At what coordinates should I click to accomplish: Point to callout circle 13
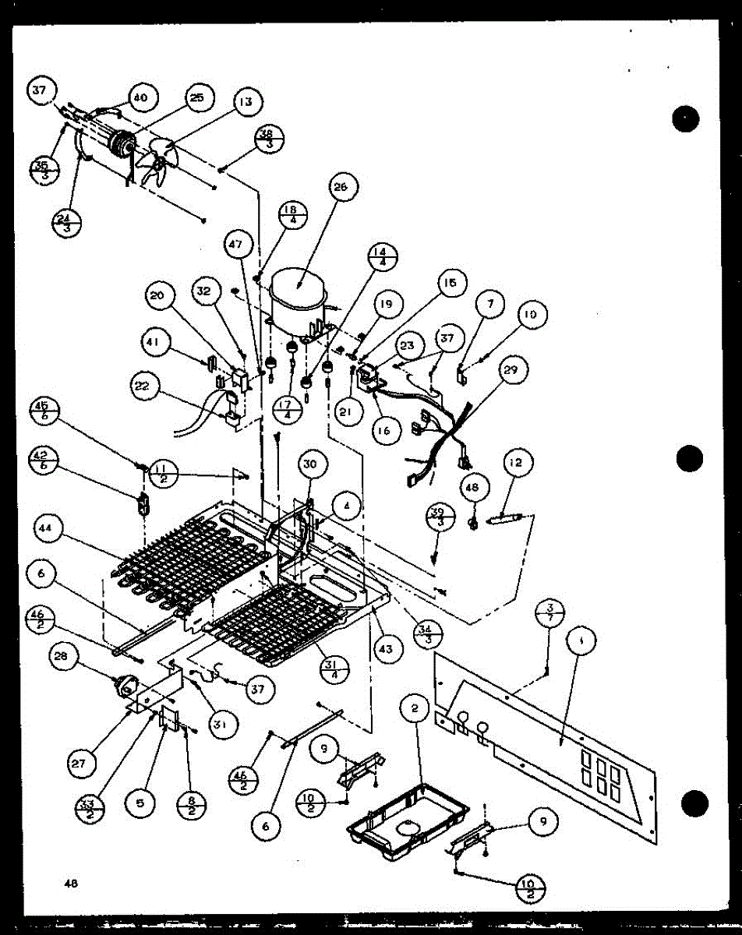coord(246,102)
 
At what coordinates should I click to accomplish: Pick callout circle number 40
coord(140,98)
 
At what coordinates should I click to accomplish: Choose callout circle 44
coord(48,530)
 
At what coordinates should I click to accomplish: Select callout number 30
coord(310,465)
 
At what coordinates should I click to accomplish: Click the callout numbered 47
coord(235,245)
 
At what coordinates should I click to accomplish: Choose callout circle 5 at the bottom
coord(140,803)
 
